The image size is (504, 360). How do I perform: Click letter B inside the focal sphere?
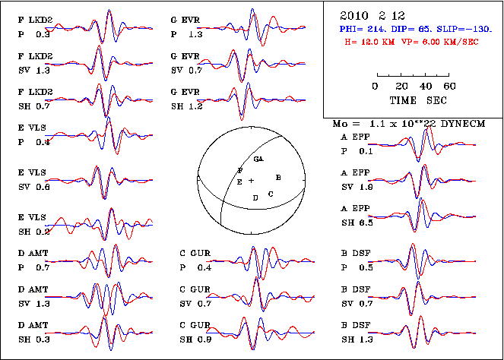click(x=279, y=177)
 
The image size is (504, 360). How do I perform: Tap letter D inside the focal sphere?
click(x=255, y=197)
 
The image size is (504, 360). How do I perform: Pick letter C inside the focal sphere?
click(x=271, y=194)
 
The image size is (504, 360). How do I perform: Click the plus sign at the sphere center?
click(x=251, y=180)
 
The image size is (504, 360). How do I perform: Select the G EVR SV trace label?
click(x=185, y=64)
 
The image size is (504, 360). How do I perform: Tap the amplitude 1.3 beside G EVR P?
click(x=195, y=34)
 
